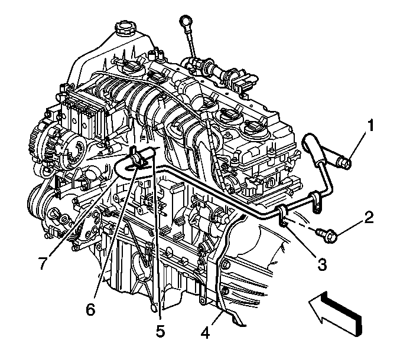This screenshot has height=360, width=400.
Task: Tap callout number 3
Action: [x=321, y=264]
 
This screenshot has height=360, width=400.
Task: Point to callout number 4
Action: [x=205, y=332]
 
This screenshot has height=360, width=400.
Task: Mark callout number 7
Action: [x=43, y=263]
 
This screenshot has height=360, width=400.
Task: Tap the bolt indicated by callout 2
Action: [x=327, y=235]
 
